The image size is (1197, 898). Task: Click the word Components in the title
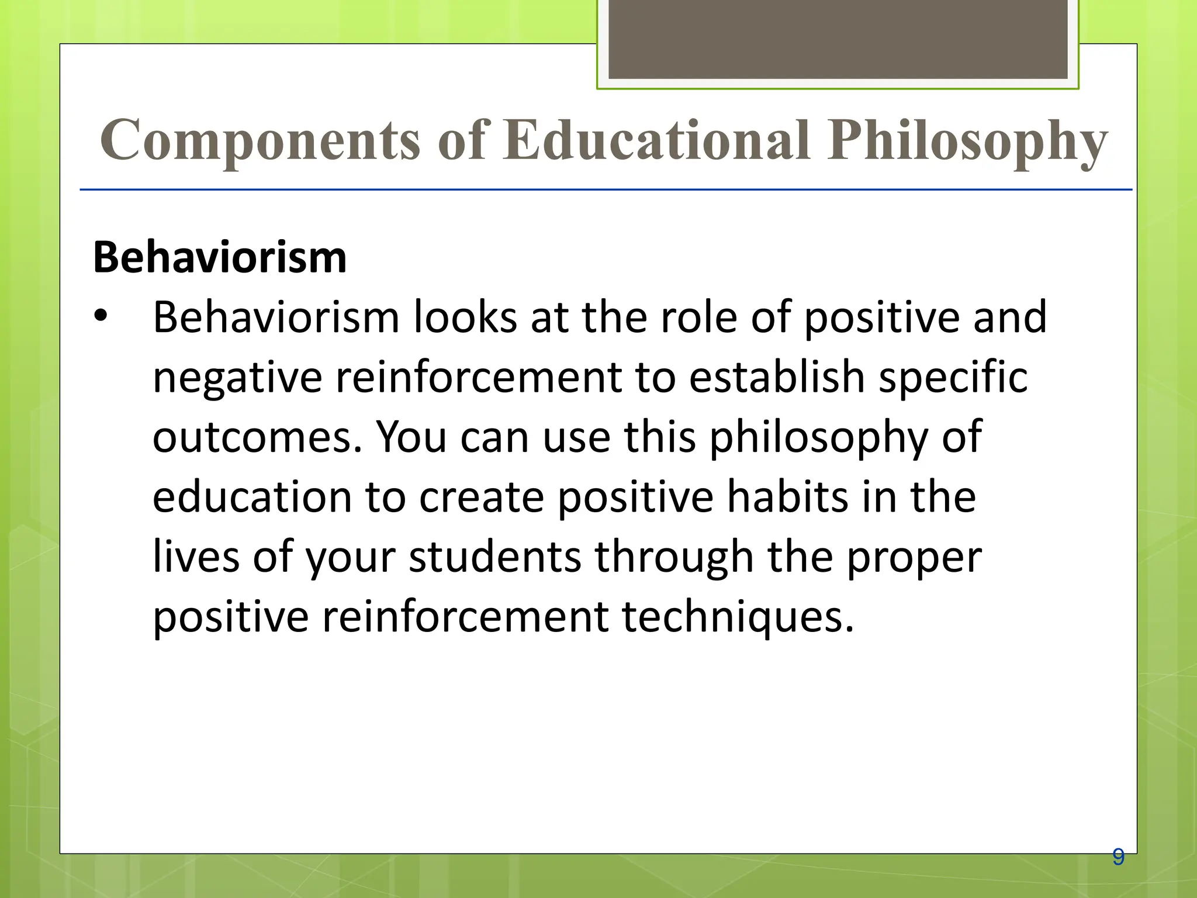point(260,140)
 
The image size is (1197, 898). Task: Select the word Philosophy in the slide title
point(967,140)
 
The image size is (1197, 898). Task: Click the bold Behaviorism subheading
point(220,257)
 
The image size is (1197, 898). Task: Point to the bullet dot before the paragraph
point(101,316)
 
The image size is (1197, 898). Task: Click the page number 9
point(1118,857)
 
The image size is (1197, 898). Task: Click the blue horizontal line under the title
point(606,190)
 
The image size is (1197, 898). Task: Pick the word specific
point(953,379)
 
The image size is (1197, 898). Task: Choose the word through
point(674,558)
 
